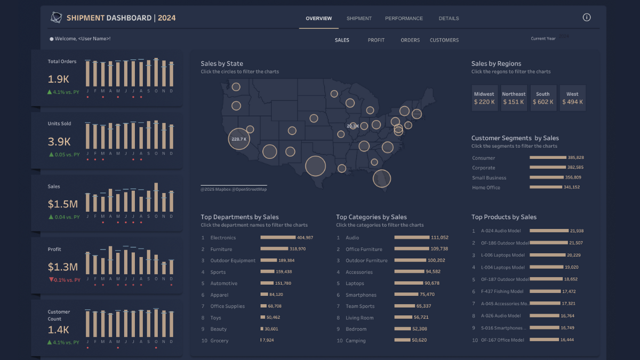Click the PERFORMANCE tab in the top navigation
pos(404,19)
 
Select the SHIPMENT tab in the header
pos(359,19)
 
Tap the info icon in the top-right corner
pos(587,18)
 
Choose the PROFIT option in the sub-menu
pos(376,40)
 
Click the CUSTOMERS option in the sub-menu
pos(444,40)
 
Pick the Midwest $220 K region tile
pos(484,98)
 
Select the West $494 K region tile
pos(572,98)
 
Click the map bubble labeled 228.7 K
pos(239,139)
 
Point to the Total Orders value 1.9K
pos(59,79)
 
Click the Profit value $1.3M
pos(62,267)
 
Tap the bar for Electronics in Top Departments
pos(278,237)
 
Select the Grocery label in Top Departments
pos(219,340)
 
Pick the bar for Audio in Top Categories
pos(412,237)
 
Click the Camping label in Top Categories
pos(356,341)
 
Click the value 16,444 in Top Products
pos(565,340)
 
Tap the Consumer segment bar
pos(548,158)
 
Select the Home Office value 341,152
pos(572,187)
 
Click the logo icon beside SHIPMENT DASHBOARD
pos(56,18)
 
